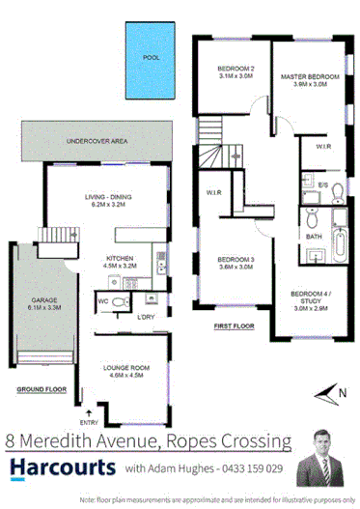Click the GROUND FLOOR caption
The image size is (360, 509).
click(39, 391)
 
